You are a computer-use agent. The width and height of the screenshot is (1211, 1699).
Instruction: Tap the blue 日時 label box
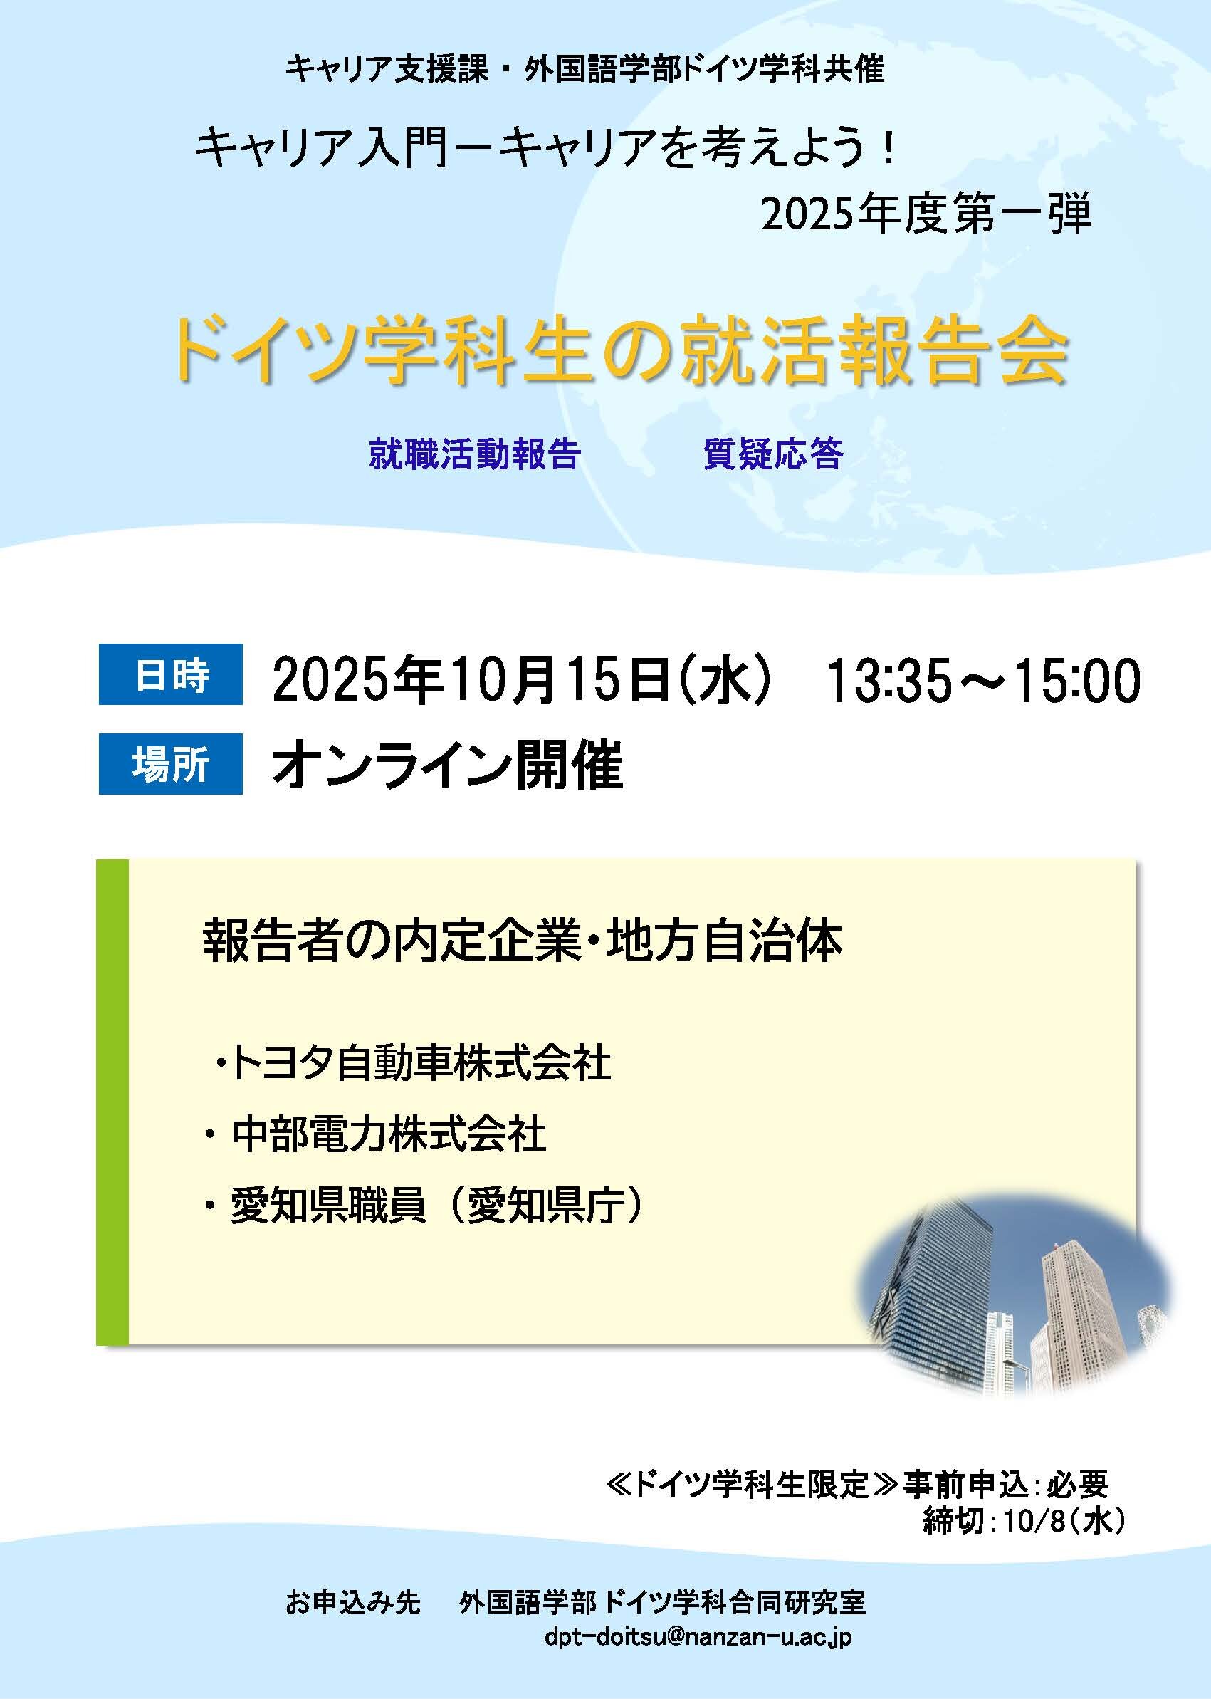click(x=171, y=674)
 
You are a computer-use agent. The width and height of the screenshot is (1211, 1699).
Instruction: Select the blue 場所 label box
click(x=171, y=764)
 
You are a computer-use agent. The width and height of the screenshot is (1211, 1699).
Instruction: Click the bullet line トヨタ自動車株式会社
click(x=412, y=1064)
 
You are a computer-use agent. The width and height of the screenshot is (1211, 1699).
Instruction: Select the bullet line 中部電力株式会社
click(x=376, y=1134)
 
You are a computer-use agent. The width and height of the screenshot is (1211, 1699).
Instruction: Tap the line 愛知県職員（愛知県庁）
click(x=422, y=1206)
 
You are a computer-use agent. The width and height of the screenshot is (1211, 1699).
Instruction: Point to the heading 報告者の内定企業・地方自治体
click(x=523, y=941)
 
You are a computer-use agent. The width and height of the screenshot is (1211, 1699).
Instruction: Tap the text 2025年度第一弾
click(x=926, y=213)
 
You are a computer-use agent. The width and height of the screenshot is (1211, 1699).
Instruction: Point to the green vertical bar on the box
click(x=112, y=1102)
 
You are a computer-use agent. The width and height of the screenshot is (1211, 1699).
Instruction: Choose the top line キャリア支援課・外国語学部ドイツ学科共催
click(x=585, y=69)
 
